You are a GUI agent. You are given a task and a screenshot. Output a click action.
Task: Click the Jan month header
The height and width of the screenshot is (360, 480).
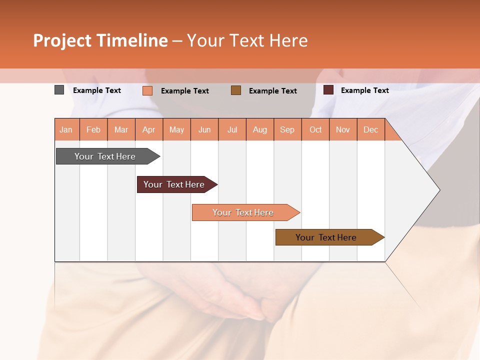[66, 129]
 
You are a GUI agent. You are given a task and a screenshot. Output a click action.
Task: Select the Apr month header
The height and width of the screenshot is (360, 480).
[149, 129]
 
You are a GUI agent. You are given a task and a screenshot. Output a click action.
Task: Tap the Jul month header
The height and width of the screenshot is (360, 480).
[232, 129]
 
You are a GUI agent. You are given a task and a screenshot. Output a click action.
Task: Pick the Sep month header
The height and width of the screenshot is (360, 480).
[287, 129]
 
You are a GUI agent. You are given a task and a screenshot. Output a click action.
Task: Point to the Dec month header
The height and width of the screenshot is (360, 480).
[370, 129]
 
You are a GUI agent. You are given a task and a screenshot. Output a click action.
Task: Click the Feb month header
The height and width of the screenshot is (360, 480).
[93, 129]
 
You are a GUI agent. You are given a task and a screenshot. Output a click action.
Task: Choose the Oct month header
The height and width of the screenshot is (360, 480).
[315, 129]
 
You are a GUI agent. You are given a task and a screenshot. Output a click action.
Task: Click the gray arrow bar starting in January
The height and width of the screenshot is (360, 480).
[105, 156]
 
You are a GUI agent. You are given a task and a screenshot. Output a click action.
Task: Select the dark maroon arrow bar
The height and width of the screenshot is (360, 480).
[174, 184]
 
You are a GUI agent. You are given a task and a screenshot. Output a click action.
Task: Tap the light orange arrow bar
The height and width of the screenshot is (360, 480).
[243, 212]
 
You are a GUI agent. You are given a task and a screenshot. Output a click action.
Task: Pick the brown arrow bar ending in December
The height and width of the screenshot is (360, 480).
[326, 237]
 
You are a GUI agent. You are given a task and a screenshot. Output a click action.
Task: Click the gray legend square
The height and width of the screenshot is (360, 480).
[59, 90]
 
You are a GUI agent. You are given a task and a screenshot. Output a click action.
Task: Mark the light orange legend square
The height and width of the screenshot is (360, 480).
[147, 90]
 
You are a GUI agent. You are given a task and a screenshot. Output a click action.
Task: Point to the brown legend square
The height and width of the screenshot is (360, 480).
[236, 90]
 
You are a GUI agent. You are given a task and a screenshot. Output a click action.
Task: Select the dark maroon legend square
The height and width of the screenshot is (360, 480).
[328, 90]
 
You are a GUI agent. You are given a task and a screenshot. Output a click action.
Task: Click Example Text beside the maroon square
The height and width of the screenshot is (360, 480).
[364, 90]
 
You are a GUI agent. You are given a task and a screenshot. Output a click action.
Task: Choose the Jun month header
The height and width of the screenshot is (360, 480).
[204, 129]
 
